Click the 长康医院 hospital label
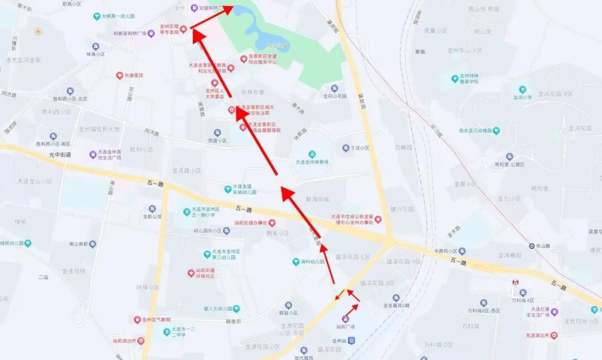134,75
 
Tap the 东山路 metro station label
543,245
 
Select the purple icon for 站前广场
345,319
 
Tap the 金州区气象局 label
156,320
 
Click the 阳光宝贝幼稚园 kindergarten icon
496,131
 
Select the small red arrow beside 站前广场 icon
351,309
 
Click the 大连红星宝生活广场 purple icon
554,312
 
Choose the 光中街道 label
60,154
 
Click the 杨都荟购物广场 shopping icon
151,33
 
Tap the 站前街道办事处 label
246,223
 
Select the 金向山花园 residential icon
334,88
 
